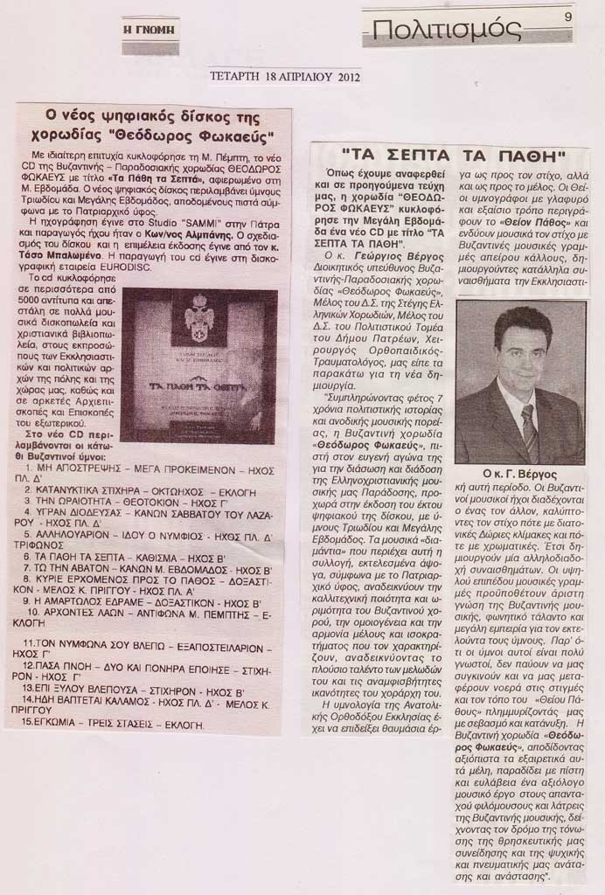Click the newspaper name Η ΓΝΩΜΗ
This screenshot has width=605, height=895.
click(150, 29)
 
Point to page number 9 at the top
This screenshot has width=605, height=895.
click(567, 15)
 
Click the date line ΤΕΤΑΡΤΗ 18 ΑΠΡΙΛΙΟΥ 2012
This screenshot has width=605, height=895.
click(285, 76)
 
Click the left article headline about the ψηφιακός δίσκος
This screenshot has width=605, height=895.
click(155, 126)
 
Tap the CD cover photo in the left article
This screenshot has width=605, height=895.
click(198, 366)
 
